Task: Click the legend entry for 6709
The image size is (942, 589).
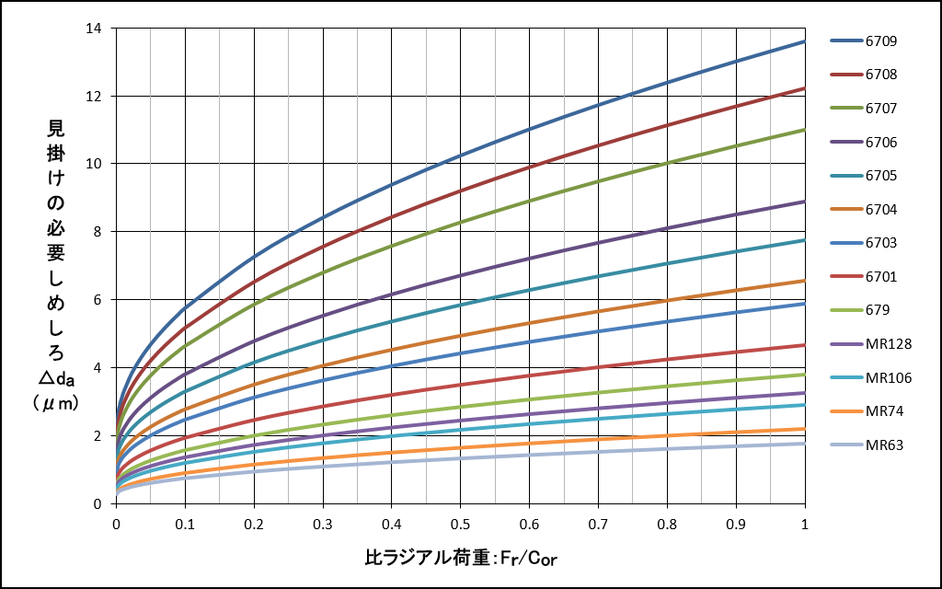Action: pos(880,41)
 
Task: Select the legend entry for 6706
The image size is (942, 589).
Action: pos(880,143)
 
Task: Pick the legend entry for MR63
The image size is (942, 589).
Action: pos(884,445)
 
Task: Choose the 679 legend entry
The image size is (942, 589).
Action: pos(878,310)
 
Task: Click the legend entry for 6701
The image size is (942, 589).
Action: pos(880,277)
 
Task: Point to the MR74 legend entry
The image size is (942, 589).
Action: pos(884,411)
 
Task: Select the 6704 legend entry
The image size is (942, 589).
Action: pos(880,210)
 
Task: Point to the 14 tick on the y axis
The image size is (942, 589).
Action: pos(95,29)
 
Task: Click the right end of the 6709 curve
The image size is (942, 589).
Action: pos(805,41)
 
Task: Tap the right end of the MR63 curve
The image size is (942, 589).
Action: pos(805,444)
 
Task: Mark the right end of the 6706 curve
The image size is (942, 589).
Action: pos(805,202)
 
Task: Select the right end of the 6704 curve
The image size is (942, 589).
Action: pos(805,281)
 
